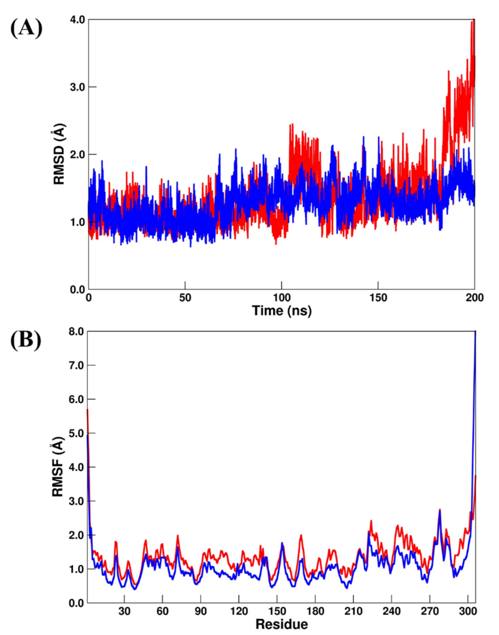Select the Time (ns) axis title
coord(281,310)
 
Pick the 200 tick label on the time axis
coord(474,298)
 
